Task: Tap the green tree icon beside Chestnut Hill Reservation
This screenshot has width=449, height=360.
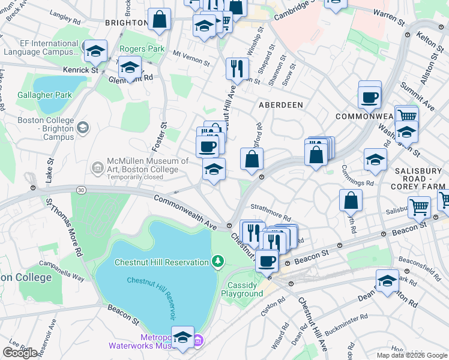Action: click(218, 262)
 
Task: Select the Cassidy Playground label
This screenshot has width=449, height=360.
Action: click(242, 289)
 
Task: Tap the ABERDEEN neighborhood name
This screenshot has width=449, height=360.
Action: click(280, 104)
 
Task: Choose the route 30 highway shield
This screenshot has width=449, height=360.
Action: click(80, 190)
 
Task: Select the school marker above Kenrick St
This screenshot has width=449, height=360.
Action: click(95, 51)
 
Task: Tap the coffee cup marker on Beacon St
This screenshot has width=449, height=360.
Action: click(267, 261)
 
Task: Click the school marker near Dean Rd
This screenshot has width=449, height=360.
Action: click(387, 280)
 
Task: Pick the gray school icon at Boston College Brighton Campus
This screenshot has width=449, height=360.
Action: click(82, 127)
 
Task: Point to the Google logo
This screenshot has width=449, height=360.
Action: click(20, 353)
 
